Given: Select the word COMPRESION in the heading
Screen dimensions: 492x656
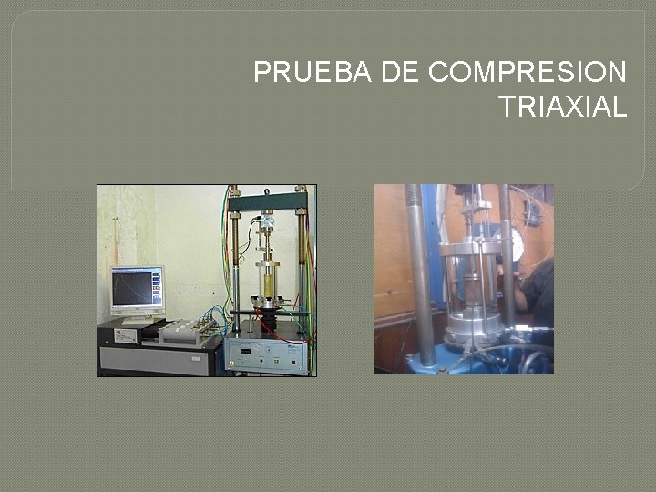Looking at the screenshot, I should coord(527,72).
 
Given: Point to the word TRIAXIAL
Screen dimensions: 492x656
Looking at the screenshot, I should coord(563,107).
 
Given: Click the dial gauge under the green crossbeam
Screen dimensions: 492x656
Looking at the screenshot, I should coord(268,220).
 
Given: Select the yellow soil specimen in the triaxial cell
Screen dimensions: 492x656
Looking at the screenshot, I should coord(268,283).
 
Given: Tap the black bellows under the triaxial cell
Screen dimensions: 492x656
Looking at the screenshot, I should coord(268,318).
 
